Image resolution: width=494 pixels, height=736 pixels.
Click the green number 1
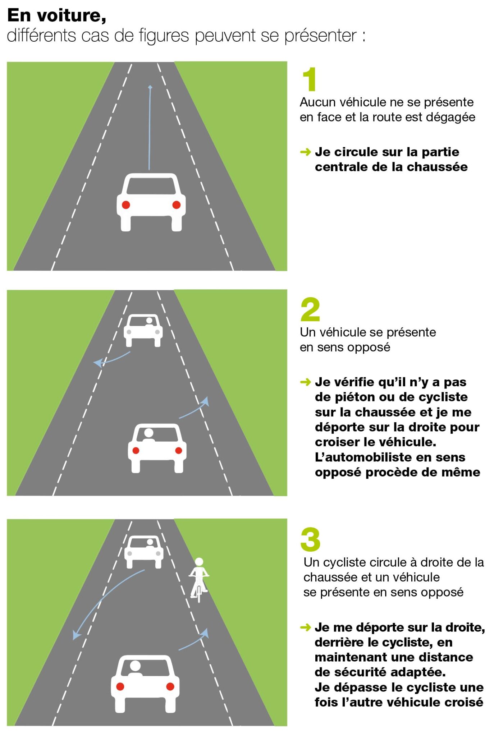click(x=310, y=79)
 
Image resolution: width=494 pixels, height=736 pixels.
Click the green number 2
click(x=310, y=309)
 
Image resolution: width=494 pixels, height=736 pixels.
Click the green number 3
click(x=310, y=539)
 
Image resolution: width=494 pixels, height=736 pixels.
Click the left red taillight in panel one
click(x=126, y=205)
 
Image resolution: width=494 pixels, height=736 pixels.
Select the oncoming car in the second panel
click(x=143, y=330)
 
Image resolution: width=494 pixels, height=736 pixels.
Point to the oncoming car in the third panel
click(x=144, y=552)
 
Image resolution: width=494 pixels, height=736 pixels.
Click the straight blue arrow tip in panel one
click(x=150, y=87)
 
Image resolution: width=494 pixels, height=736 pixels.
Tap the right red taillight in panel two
click(x=178, y=451)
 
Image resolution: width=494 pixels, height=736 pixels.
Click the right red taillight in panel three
click(x=170, y=686)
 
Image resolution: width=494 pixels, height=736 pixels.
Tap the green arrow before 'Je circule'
click(x=305, y=152)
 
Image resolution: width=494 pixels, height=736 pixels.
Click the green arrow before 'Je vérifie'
click(x=305, y=382)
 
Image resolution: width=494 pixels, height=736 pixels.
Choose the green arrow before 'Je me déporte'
click(x=305, y=627)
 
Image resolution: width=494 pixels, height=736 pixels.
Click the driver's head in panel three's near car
click(x=135, y=666)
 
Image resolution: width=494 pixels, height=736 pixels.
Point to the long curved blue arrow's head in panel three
click(x=76, y=636)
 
